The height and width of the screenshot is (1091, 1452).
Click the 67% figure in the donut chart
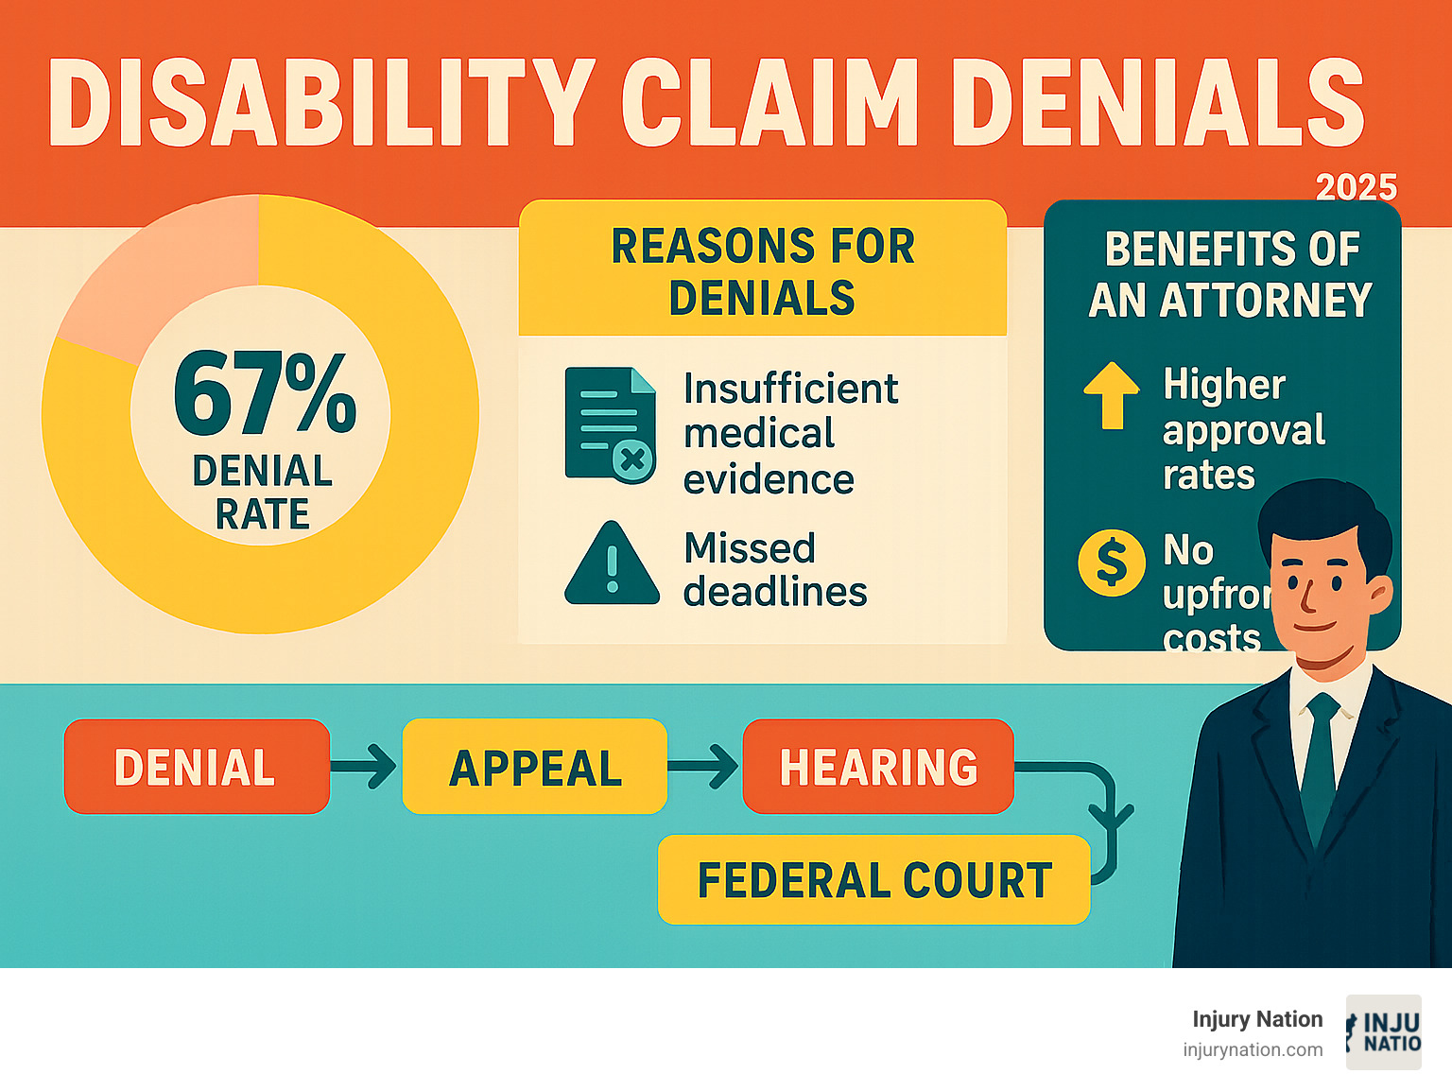[x=265, y=392]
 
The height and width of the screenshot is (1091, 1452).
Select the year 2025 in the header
[x=1356, y=187]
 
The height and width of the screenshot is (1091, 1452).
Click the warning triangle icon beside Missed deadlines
[x=612, y=564]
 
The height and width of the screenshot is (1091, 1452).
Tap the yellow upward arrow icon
[x=1112, y=394]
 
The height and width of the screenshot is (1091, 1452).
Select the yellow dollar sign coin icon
[x=1112, y=563]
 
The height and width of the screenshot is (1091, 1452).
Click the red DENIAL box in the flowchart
[x=197, y=767]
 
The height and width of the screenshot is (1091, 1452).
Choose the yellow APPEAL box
[x=535, y=767]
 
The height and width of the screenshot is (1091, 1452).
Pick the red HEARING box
[x=878, y=767]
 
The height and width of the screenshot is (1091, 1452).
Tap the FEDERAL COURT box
[x=873, y=880]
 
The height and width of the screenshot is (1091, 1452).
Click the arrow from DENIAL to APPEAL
[x=365, y=766]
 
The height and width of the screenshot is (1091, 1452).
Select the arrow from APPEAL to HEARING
[x=704, y=766]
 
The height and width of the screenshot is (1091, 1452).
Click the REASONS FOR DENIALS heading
[x=762, y=271]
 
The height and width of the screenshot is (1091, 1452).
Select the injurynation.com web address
[x=1252, y=1049]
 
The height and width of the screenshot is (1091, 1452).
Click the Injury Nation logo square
[x=1383, y=1032]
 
